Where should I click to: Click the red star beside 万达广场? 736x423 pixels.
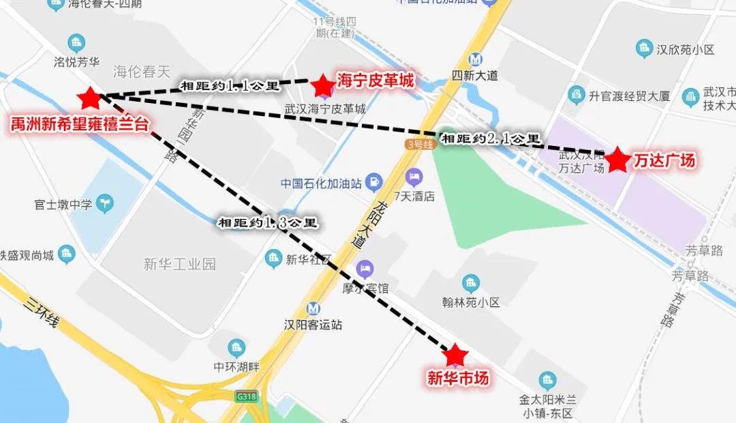[618, 160]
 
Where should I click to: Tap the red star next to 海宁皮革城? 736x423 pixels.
[322, 86]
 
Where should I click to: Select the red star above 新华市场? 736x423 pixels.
[455, 355]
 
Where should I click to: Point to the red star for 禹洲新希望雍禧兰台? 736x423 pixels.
[89, 99]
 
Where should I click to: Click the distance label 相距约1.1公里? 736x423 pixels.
[230, 86]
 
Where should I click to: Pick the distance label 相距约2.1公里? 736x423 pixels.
[491, 138]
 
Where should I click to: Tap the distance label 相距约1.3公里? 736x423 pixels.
[267, 222]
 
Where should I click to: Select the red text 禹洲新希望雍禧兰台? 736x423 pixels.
[80, 123]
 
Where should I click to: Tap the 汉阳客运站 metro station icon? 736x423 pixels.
[313, 308]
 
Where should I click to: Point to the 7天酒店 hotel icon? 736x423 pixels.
[413, 179]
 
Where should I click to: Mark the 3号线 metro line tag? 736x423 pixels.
[419, 144]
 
